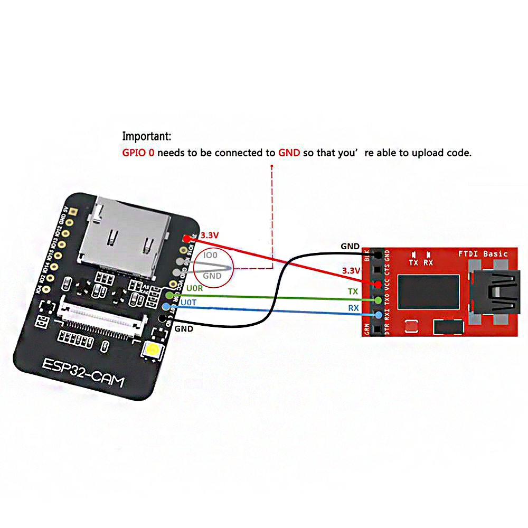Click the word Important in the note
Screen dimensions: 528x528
146,136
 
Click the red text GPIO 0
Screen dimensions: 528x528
138,153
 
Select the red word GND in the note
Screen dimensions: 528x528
289,153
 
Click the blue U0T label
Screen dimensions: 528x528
188,303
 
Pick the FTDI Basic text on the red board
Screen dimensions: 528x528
483,253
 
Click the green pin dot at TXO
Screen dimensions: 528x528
378,300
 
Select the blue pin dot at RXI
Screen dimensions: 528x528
378,315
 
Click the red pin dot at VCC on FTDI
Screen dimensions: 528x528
378,285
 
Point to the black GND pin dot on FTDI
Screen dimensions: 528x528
378,256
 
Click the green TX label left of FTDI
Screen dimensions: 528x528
353,291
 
